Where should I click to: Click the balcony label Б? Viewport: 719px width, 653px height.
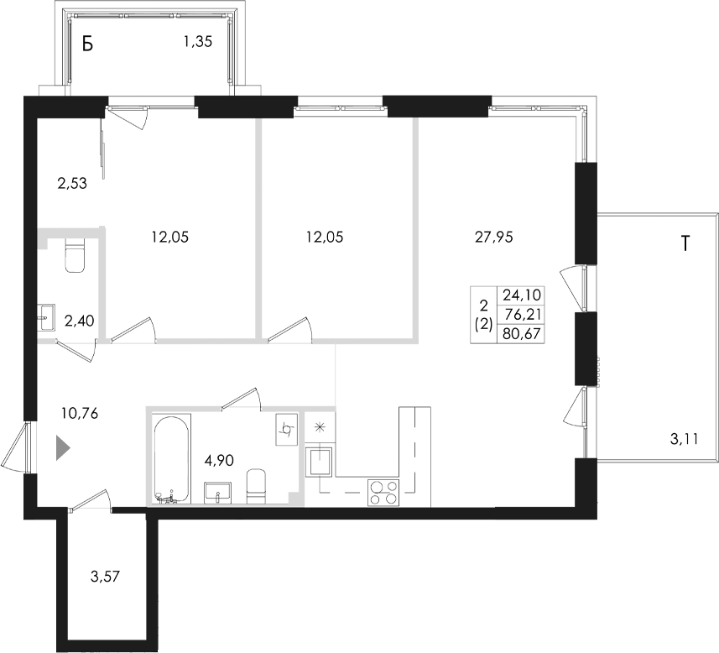click(87, 44)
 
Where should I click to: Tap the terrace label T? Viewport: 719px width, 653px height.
click(685, 243)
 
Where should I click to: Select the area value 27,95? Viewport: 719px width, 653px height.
click(494, 238)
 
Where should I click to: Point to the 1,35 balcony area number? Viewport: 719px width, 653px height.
click(198, 42)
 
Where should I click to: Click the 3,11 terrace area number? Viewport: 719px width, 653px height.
click(684, 439)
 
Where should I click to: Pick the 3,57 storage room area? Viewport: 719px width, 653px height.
click(106, 576)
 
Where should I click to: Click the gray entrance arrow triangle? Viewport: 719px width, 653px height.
click(63, 448)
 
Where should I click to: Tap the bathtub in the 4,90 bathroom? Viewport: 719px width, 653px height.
click(169, 460)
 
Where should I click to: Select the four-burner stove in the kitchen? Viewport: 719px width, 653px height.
click(383, 493)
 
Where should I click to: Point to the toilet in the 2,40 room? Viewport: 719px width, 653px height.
click(76, 256)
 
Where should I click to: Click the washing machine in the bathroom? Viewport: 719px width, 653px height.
click(287, 429)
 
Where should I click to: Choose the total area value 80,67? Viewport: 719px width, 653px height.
click(522, 334)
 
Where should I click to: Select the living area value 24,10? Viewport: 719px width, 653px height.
click(522, 294)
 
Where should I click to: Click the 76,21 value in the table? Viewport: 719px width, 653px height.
click(522, 315)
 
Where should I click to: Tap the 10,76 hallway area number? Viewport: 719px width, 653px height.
click(80, 414)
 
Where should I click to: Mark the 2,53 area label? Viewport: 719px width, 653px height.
click(72, 184)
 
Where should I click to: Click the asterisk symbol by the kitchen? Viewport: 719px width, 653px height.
click(319, 426)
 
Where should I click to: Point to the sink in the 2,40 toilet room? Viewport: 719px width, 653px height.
click(46, 317)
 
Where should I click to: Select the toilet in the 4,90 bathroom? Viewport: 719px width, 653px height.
click(257, 487)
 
